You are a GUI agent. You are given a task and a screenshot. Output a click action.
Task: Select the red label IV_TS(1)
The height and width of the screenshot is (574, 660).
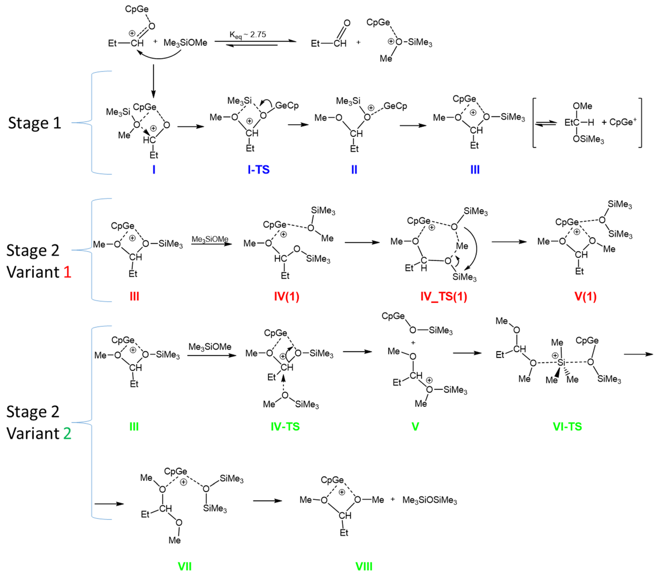[444, 296]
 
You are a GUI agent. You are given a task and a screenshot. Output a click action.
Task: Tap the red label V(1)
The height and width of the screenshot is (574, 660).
[585, 296]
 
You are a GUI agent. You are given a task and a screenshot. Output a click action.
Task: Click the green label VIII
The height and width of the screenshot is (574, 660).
[364, 566]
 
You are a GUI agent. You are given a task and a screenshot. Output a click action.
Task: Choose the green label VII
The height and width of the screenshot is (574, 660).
[185, 566]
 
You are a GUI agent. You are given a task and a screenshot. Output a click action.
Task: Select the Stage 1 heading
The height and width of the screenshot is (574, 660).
[35, 123]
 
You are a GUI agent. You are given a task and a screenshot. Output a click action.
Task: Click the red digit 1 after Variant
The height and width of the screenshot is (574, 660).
[67, 272]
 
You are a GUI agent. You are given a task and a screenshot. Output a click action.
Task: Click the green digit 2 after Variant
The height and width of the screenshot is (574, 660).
[67, 434]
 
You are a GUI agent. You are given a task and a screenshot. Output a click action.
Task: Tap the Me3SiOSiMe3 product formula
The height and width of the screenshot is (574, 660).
[429, 500]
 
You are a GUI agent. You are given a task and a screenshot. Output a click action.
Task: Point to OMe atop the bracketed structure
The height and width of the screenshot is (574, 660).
[582, 106]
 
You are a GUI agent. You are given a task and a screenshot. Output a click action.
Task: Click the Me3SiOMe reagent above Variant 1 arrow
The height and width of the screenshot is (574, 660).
[210, 239]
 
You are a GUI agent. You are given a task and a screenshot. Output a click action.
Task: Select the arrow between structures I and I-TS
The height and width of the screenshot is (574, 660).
[191, 126]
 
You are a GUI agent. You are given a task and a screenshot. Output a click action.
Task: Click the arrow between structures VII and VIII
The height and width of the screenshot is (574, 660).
[268, 501]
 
